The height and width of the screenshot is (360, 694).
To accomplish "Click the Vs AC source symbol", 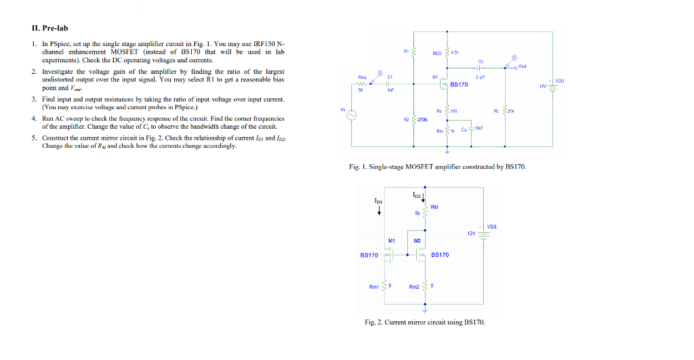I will [x=352, y=116].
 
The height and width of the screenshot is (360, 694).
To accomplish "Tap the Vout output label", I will [x=521, y=66].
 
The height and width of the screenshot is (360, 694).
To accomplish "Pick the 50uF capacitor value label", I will [x=479, y=127].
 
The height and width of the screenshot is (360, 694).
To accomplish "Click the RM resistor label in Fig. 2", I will [x=434, y=207].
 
